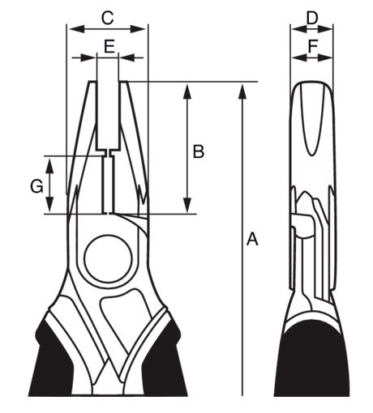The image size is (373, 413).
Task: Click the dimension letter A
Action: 252,239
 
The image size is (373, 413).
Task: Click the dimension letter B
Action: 199,151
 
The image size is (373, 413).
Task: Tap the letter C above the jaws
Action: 107,19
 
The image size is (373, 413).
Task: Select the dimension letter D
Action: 312,19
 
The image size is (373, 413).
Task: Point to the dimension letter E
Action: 109,46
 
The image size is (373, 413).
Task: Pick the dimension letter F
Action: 313,46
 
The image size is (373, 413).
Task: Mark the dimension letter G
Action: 36,186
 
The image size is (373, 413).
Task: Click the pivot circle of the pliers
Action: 108,258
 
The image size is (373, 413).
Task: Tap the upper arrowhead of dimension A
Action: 242,92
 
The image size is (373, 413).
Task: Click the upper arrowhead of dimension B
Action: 186,92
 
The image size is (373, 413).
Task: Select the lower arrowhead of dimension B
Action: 186,206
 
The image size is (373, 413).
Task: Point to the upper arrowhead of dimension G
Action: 49,165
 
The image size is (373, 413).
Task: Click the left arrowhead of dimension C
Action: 77,28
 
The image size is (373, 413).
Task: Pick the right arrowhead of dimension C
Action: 138,28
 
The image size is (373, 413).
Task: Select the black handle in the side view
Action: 311,360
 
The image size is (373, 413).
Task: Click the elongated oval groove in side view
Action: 311,119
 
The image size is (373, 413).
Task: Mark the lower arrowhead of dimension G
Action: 49,205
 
